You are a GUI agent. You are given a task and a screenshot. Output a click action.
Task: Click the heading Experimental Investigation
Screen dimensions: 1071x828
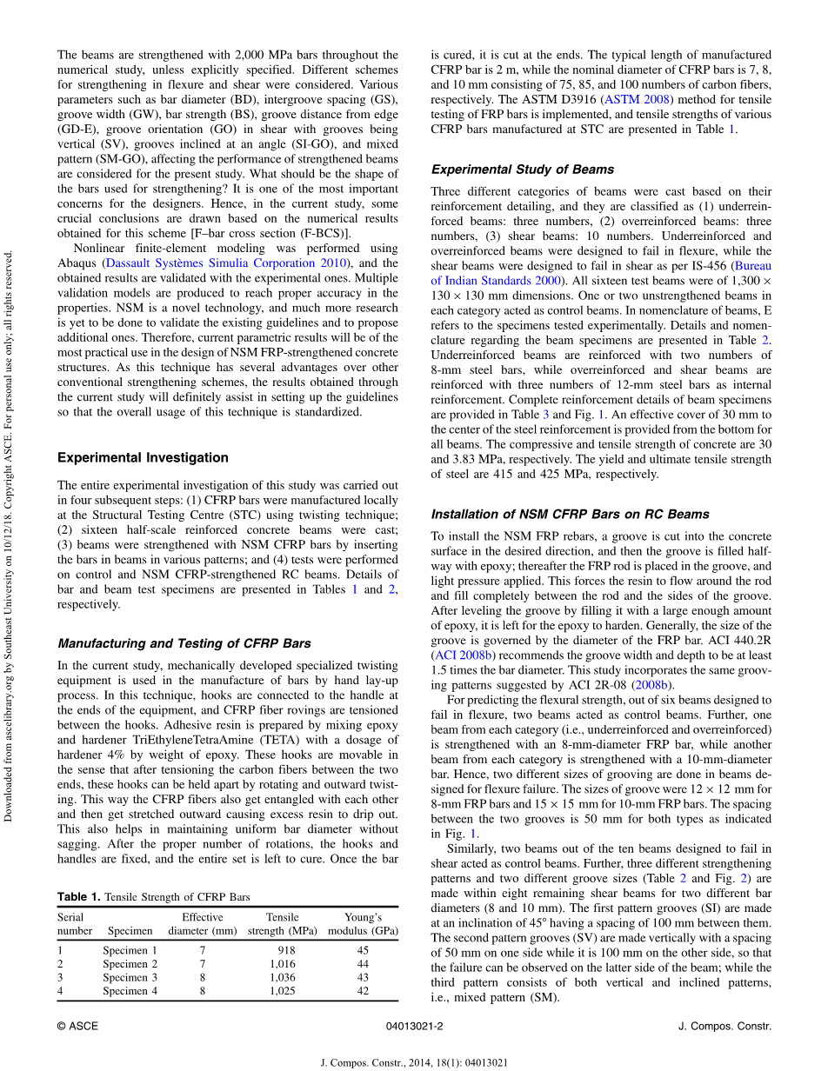pos(143,457)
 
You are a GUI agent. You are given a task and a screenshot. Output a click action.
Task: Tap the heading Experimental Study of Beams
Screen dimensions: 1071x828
pos(522,170)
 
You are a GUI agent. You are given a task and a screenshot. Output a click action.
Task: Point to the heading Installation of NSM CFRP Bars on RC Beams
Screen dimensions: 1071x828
pos(570,514)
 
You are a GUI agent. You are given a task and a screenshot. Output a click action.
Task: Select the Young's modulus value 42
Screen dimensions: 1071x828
pos(363,990)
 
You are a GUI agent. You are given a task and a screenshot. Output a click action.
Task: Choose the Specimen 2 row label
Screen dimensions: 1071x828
pos(130,963)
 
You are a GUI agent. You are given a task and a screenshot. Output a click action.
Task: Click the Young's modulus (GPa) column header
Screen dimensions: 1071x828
pos(363,923)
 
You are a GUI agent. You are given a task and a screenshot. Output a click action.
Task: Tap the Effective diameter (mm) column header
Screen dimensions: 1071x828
pos(202,923)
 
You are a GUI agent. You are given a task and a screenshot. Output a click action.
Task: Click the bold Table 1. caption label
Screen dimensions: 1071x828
pos(79,896)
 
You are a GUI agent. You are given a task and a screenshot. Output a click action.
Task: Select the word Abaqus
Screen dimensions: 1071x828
pos(77,263)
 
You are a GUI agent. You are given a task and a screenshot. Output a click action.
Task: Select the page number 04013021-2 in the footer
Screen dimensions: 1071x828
pos(414,1026)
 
